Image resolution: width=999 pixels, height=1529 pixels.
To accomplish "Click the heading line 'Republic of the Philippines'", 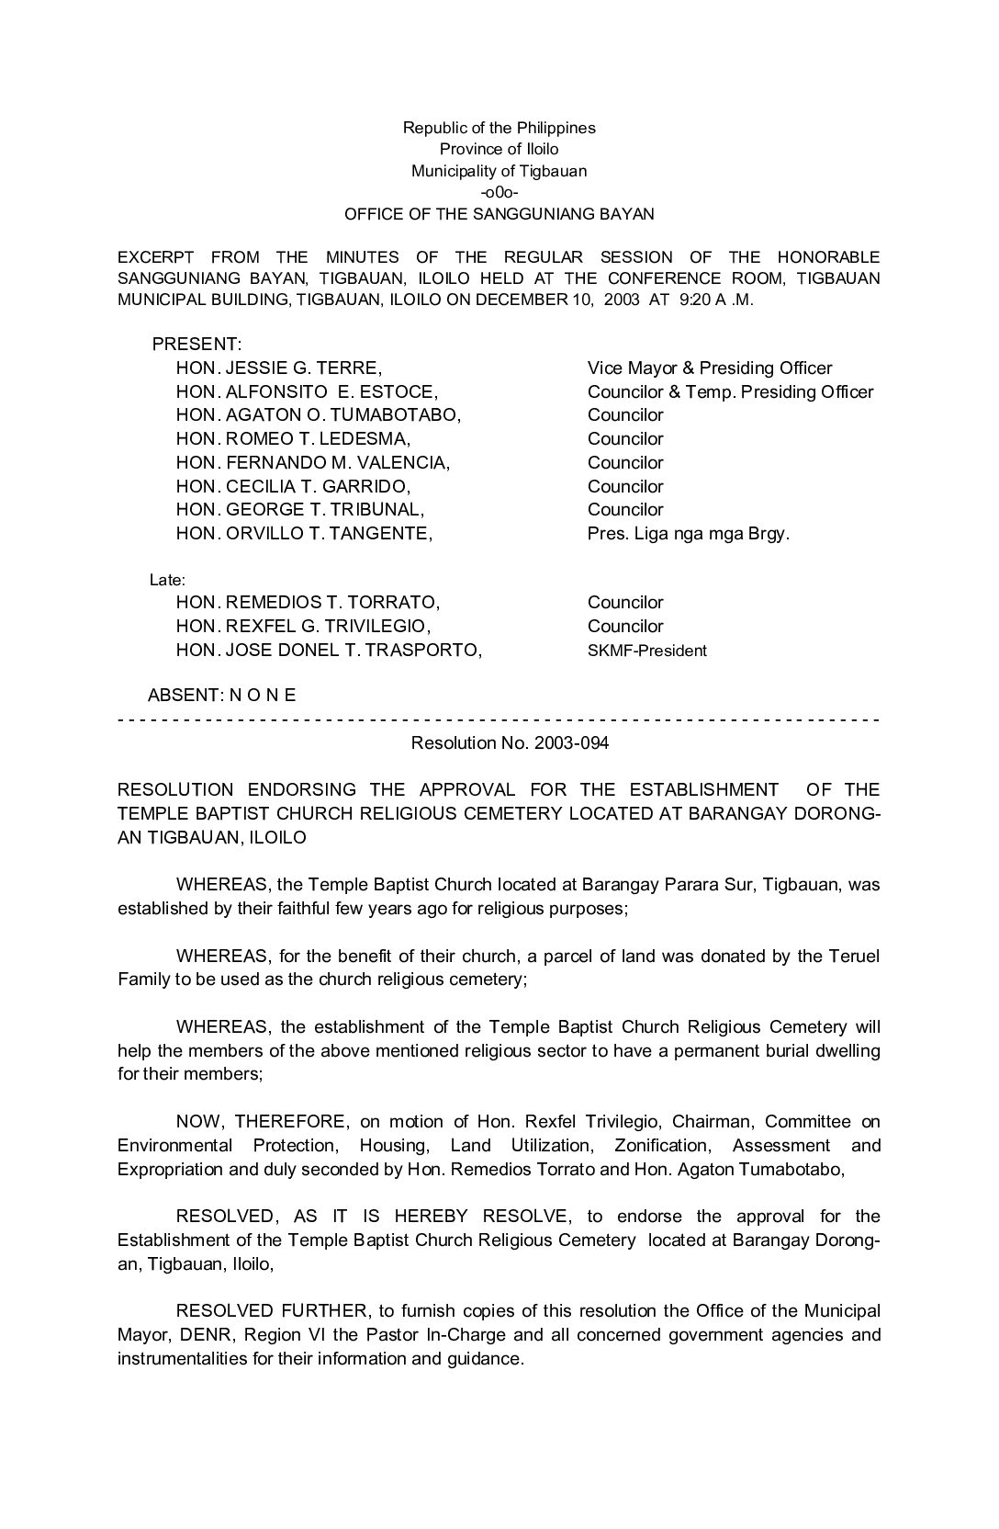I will tap(499, 128).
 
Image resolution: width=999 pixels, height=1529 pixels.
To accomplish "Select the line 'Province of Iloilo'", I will tap(499, 149).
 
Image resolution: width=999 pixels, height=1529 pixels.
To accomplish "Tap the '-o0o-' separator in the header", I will tap(499, 193).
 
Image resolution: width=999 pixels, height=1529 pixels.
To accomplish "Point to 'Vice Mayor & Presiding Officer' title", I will tap(710, 368).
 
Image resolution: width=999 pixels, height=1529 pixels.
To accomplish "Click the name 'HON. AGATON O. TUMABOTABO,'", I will tap(318, 415).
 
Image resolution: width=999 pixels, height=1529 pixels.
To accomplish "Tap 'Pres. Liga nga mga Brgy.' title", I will tap(688, 533).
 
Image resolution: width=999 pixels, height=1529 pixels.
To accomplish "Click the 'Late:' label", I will tap(167, 581).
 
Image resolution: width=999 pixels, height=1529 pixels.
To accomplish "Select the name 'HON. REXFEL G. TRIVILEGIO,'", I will tap(303, 627).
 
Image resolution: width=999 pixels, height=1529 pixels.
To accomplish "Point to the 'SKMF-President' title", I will tap(646, 651).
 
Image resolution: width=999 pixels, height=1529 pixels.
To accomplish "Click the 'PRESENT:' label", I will tap(196, 345).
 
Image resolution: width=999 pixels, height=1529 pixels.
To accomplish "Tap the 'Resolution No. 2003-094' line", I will tap(510, 742).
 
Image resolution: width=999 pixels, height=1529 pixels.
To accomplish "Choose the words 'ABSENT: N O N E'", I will tap(221, 696).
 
